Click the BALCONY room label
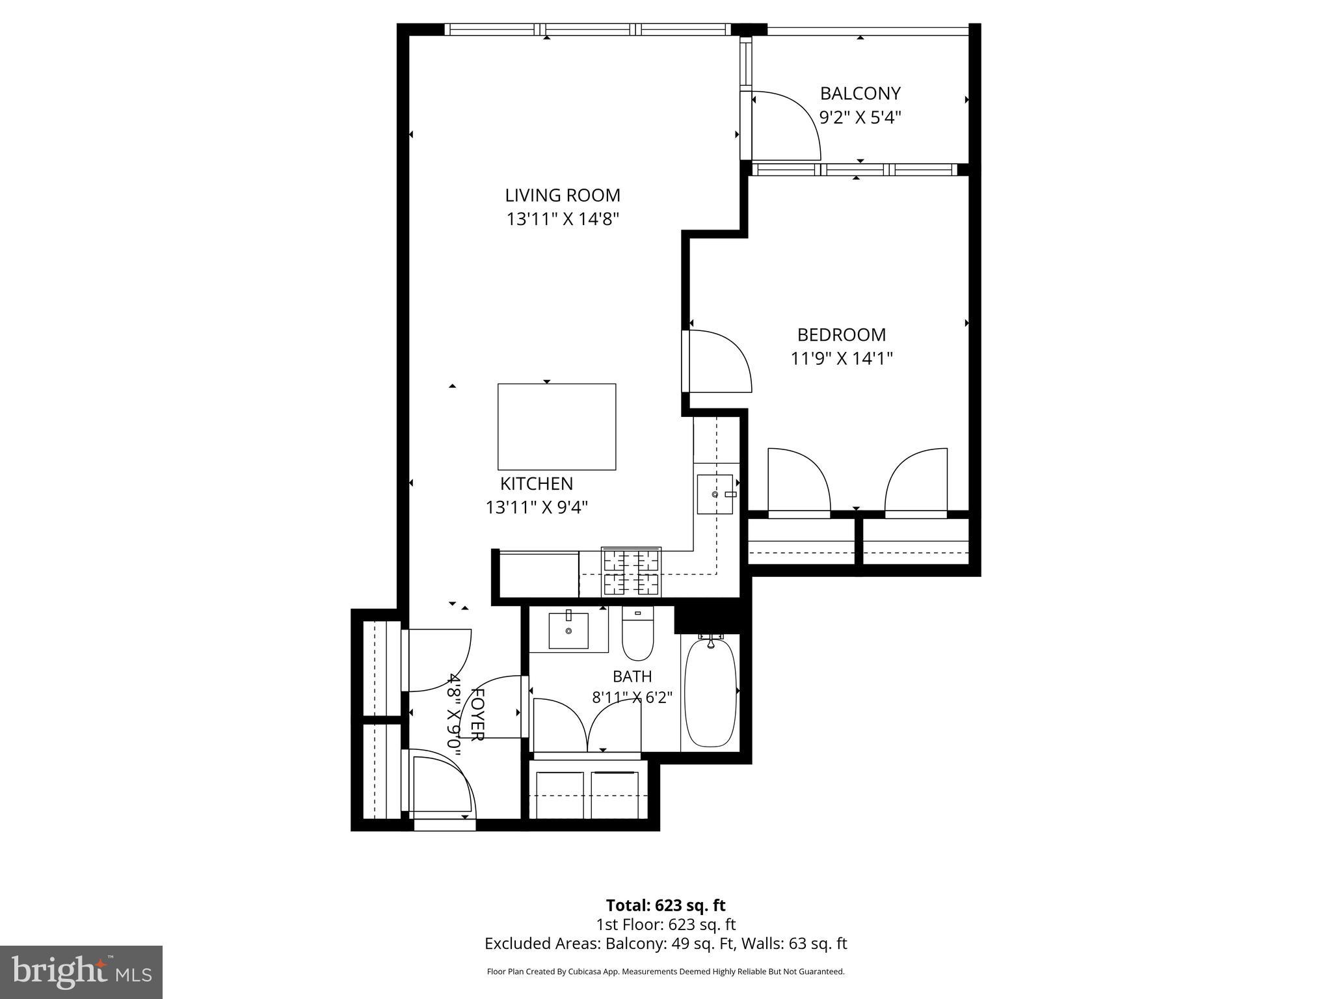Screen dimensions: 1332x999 coord(860,94)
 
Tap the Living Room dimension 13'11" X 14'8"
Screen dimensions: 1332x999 coord(563,219)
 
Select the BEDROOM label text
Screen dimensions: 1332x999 coord(842,335)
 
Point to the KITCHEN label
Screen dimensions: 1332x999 coord(537,484)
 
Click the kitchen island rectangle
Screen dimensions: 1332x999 coord(557,427)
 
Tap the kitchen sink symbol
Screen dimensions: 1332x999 coord(715,494)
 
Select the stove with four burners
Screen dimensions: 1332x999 coord(631,572)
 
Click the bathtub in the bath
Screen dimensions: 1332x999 coord(711,692)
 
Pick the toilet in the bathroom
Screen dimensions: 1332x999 coord(637,633)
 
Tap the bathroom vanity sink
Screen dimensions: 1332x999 coord(568,630)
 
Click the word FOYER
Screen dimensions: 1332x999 coord(477,714)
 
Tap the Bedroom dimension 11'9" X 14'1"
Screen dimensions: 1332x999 coord(842,358)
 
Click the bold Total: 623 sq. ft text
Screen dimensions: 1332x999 coord(665,905)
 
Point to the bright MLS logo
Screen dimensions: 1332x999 coord(81,973)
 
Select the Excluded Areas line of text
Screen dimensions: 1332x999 coord(665,944)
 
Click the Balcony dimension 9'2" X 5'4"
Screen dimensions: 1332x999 coord(860,118)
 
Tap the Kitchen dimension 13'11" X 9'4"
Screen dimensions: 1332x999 coord(537,507)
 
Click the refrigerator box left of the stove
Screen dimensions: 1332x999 coord(539,575)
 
